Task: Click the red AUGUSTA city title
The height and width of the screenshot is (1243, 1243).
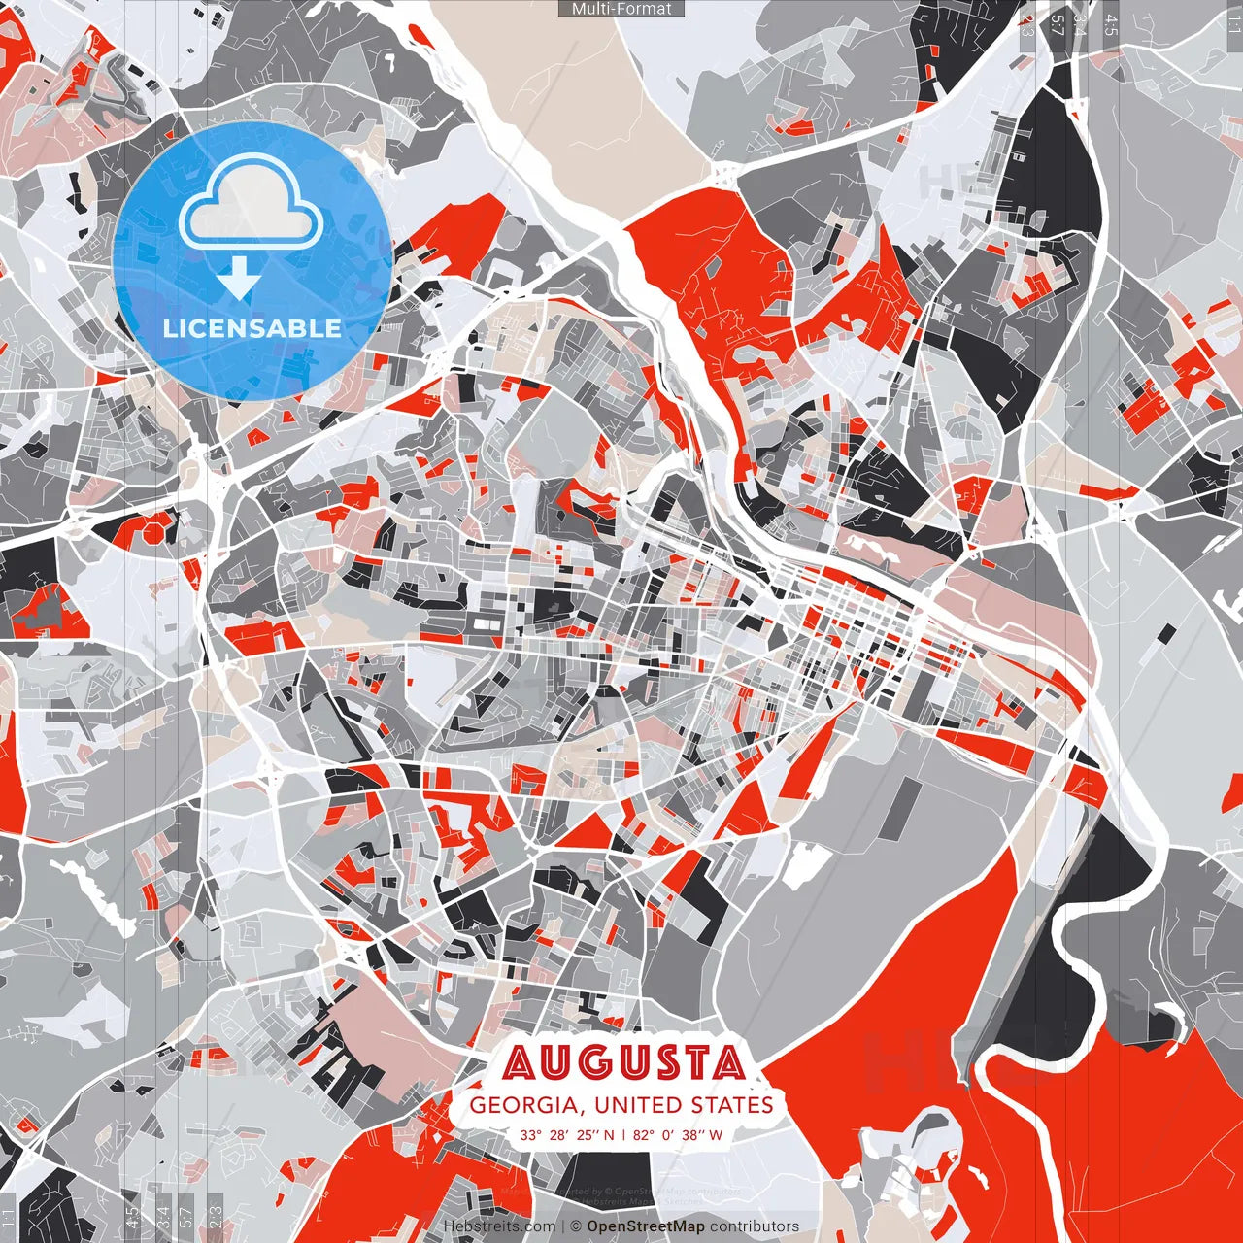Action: [x=623, y=1063]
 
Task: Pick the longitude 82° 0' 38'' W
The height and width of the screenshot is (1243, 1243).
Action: [x=678, y=1134]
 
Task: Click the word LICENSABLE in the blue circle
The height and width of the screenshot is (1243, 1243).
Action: [x=252, y=328]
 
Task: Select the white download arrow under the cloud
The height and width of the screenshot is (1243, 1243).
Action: [x=239, y=279]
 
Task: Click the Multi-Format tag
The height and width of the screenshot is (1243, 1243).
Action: [x=621, y=9]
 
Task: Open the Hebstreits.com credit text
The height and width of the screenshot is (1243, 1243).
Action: [x=499, y=1226]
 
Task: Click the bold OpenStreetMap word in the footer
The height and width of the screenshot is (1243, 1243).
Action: [x=646, y=1226]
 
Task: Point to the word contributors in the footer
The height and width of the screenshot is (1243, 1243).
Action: [x=755, y=1226]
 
